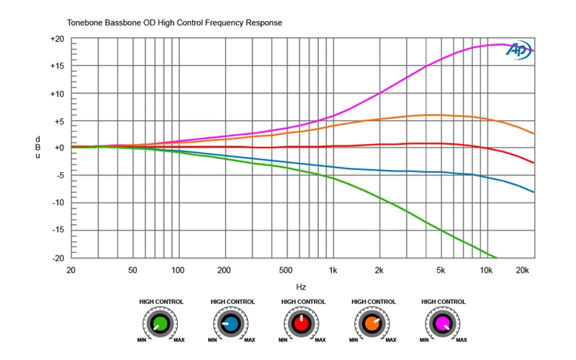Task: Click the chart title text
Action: [174, 23]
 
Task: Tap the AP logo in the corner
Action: [519, 50]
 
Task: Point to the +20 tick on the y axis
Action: [58, 39]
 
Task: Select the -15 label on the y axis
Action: [58, 230]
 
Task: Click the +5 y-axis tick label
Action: [58, 121]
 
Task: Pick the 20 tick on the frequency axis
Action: [71, 270]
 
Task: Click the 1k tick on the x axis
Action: [333, 270]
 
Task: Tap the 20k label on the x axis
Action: [524, 270]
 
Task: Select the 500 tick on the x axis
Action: [287, 270]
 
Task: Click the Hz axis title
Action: [301, 286]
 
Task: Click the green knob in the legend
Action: [161, 325]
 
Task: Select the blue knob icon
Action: [231, 325]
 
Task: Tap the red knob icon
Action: [302, 325]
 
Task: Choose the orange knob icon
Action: [372, 325]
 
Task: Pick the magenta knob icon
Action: [442, 325]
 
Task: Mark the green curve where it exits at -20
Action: [496, 257]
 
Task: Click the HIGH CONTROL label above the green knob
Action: [161, 302]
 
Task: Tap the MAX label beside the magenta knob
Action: [462, 338]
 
